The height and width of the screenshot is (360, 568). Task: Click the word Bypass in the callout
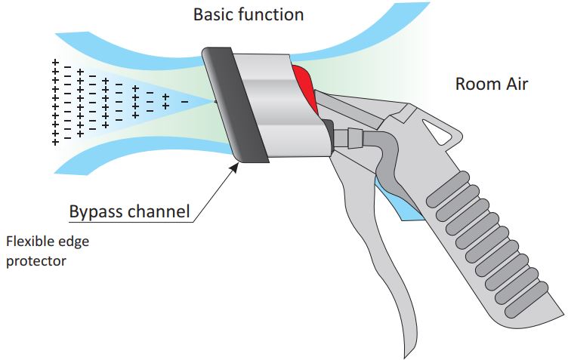click(x=95, y=211)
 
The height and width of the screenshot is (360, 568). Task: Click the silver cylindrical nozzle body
click(x=276, y=106)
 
